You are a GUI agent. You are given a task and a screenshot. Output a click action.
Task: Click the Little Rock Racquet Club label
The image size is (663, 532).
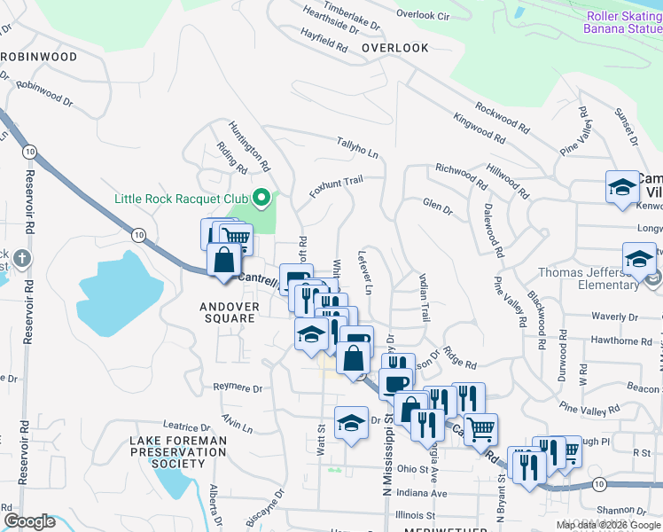coord(182,198)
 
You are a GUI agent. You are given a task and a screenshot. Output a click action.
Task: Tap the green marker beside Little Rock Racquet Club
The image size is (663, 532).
coord(261,198)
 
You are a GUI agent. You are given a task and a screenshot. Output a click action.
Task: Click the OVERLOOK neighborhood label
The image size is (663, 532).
coord(394,48)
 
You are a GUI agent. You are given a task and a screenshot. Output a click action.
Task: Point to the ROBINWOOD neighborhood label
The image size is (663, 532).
coord(39,56)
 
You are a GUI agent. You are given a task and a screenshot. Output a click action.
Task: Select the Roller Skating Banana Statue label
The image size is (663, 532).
coord(622,23)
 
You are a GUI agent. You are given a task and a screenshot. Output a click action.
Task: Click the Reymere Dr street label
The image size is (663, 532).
coord(238,388)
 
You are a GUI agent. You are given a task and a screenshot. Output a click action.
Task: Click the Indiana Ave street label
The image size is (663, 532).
coord(422,493)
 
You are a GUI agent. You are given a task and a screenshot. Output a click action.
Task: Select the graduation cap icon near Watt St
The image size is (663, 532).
coord(351,421)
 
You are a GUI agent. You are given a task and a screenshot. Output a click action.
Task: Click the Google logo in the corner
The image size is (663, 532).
coord(30,521)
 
